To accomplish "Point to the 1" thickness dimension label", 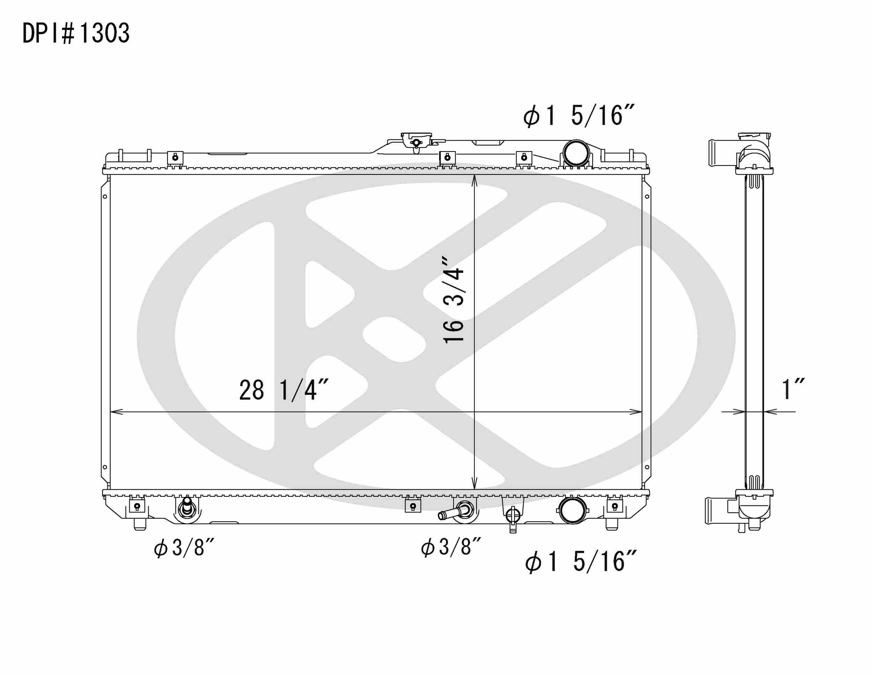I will tap(792, 389).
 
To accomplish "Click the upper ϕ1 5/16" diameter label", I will tap(579, 116).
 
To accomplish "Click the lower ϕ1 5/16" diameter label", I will tap(580, 562).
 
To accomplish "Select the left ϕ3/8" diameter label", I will tap(184, 548).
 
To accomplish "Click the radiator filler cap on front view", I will tap(416, 141).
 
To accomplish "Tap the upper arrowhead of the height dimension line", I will tap(474, 180).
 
